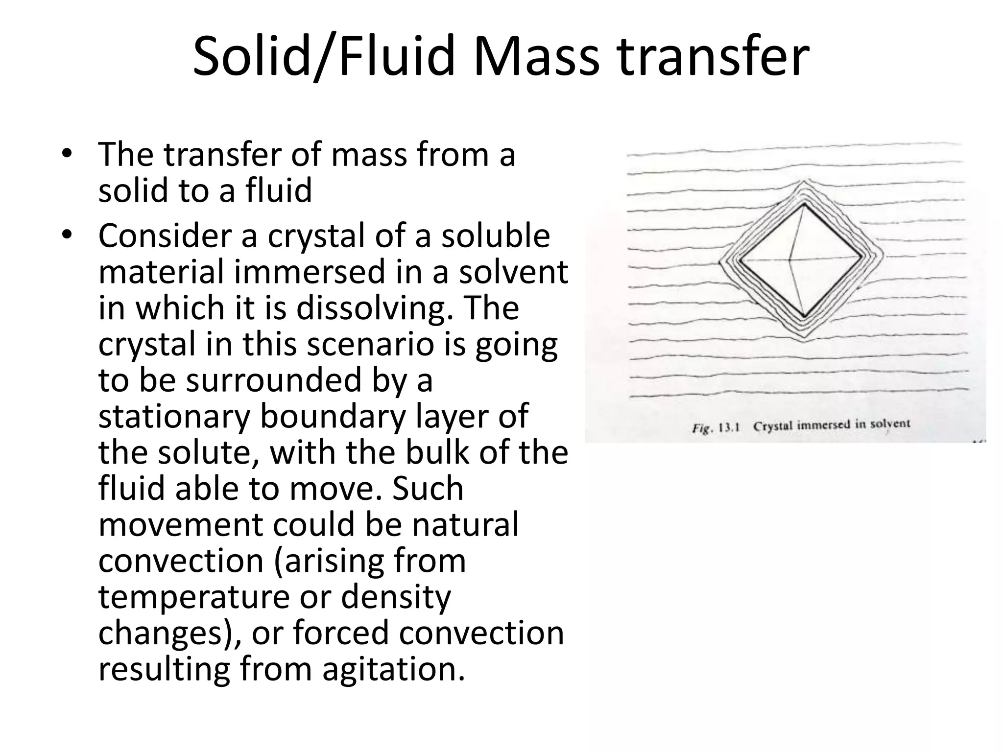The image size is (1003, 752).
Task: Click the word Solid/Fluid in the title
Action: point(323,56)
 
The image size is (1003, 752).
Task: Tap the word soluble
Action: point(495,235)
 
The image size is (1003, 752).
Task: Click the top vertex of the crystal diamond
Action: point(804,204)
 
